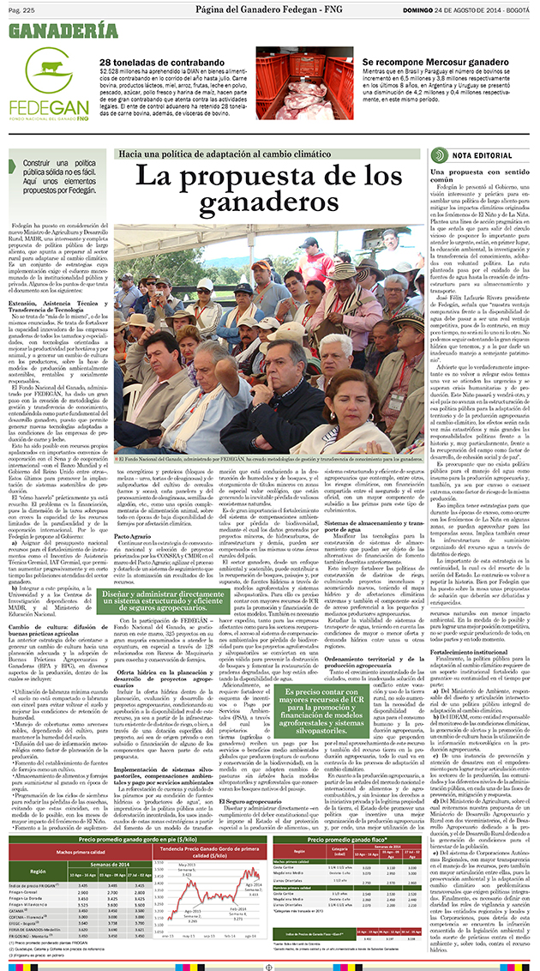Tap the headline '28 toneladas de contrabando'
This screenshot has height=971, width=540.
157,63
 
